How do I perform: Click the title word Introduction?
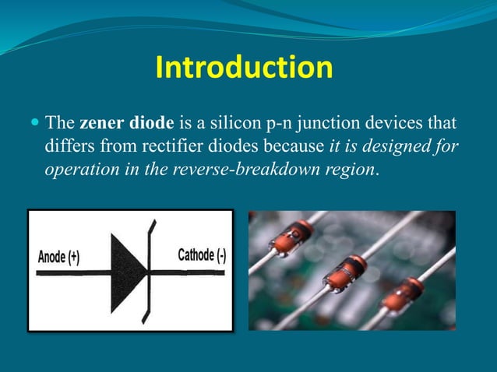[244, 68]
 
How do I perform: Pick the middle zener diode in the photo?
[345, 274]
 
